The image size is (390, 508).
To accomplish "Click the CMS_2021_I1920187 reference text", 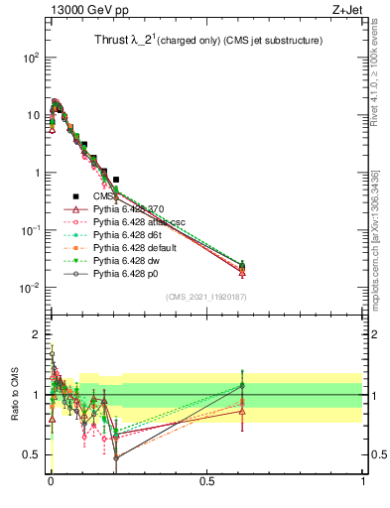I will tap(205, 297).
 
